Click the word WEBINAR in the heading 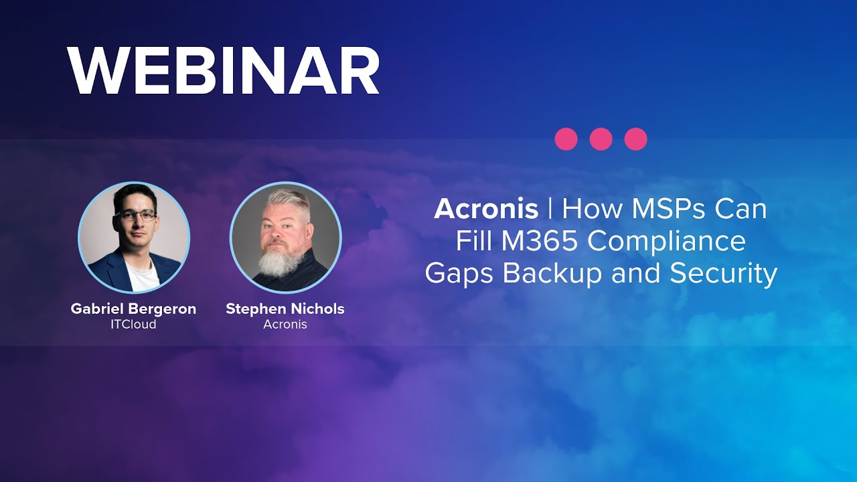coord(224,72)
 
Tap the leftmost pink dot coord(566,139)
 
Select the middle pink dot coord(601,139)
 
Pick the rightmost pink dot coord(636,139)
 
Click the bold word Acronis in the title coord(486,210)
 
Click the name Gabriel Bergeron coord(133,309)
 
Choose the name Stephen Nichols coord(285,309)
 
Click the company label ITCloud coord(133,325)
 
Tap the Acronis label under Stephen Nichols coord(285,325)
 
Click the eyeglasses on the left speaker coord(135,216)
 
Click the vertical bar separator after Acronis coord(550,210)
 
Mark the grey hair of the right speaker coord(287,198)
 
